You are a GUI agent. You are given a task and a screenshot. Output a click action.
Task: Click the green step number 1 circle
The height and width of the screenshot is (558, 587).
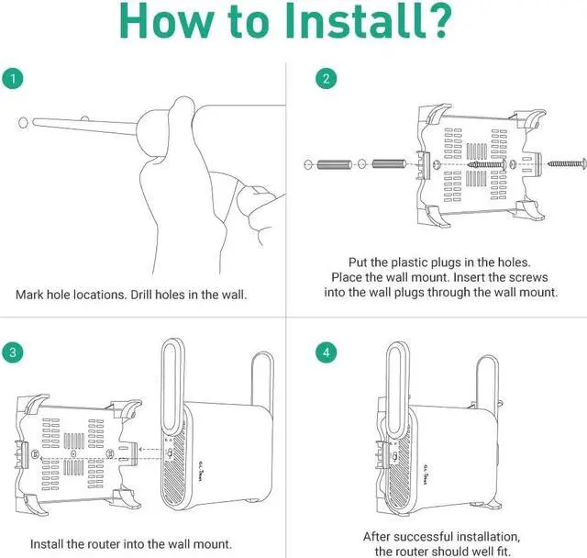tap(12, 79)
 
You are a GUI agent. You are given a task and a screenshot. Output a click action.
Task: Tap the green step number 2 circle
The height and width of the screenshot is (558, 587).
tap(326, 79)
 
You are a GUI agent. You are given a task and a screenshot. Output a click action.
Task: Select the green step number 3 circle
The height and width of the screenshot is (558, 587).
tap(12, 352)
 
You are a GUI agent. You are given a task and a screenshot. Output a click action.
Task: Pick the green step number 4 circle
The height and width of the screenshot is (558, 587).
tap(326, 352)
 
